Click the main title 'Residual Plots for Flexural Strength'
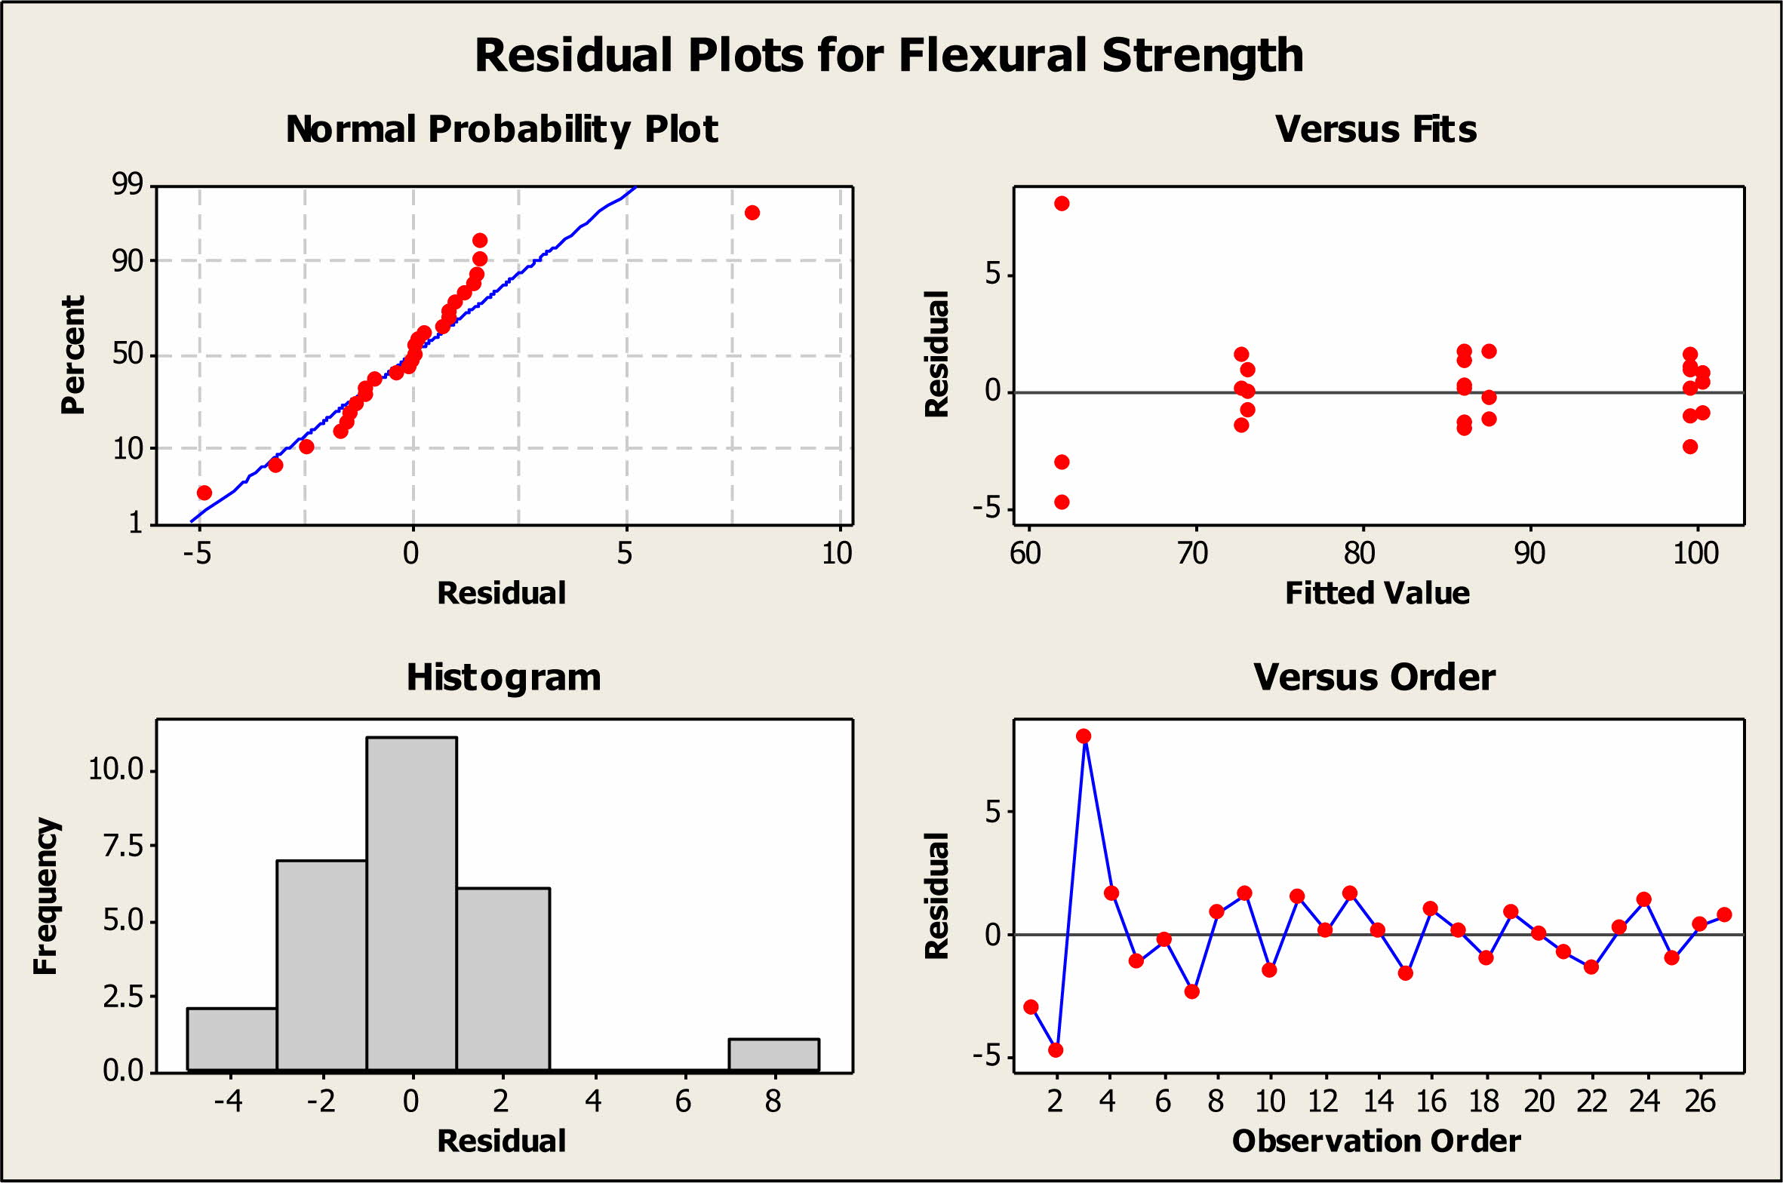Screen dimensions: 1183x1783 click(889, 56)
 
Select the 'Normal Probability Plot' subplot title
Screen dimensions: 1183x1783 click(502, 129)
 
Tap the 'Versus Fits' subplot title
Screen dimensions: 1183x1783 click(1376, 129)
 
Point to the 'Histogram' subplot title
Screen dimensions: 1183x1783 click(503, 677)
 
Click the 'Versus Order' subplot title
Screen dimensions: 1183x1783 click(1374, 677)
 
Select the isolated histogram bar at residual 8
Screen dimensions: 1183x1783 click(773, 1055)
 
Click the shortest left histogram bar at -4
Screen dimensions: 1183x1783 click(232, 1039)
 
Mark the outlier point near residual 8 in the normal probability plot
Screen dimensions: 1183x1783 click(752, 213)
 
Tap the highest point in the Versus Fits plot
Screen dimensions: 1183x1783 click(1062, 204)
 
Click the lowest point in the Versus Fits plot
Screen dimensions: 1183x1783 click(1062, 502)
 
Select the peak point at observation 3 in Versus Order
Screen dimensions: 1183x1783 click(1084, 736)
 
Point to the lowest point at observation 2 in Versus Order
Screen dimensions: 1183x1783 click(1056, 1049)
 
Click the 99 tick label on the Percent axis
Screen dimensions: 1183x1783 click(128, 184)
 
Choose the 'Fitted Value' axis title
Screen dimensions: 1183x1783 click(1377, 593)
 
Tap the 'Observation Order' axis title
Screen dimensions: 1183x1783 click(1376, 1141)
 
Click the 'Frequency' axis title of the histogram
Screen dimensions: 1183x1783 click(46, 896)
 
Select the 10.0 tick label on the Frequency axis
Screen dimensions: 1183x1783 click(115, 770)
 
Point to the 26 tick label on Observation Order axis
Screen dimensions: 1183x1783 click(1700, 1102)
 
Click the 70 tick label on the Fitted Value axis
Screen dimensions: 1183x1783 click(1193, 554)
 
